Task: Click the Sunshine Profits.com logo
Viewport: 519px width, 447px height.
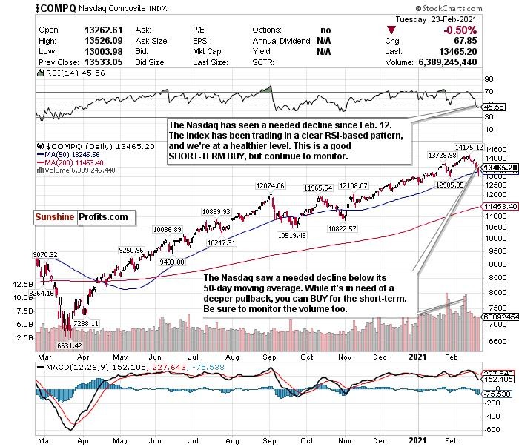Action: point(82,218)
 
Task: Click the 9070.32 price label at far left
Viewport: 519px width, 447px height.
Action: point(46,255)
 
